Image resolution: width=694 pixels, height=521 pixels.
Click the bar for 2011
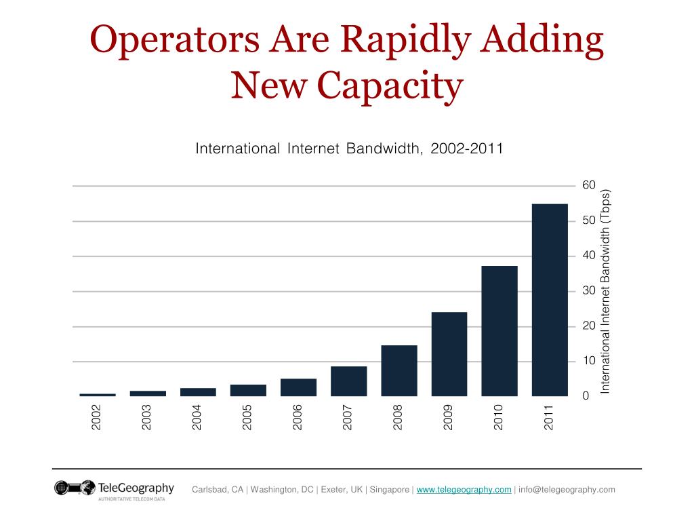tap(550, 299)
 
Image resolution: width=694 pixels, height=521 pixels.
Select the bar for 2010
tap(499, 330)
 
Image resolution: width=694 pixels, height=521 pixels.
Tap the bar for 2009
tap(449, 353)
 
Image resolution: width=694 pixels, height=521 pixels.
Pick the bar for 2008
tap(399, 370)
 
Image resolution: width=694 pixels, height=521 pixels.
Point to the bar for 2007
tap(348, 381)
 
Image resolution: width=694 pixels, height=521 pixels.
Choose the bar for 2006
tap(298, 387)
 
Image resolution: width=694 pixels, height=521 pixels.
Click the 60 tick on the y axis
tap(588, 185)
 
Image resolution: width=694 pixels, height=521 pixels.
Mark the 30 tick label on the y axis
tap(588, 291)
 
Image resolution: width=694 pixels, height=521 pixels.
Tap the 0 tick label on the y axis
tap(586, 396)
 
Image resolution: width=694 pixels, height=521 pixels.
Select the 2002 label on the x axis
tap(97, 417)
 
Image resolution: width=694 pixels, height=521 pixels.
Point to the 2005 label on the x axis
tap(247, 417)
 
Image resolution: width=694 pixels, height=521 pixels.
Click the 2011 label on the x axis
tap(549, 417)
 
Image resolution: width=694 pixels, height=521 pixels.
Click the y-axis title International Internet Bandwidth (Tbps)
tap(606, 290)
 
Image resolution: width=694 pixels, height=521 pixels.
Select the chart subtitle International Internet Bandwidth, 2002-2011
tap(349, 148)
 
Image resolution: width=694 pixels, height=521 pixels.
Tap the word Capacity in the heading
tap(390, 86)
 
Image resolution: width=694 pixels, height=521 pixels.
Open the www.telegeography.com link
tap(464, 490)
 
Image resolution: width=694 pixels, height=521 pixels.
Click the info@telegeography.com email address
tap(567, 490)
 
